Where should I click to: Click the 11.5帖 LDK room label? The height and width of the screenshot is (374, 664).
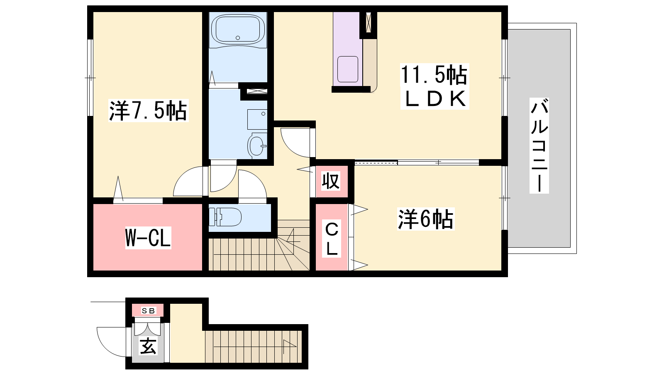coord(435,86)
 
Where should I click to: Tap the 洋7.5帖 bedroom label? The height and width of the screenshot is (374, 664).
coord(148,111)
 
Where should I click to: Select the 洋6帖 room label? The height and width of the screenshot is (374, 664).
coord(426,219)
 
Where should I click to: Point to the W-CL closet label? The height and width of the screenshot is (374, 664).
coord(148,237)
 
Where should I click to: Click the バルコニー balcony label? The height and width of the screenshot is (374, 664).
coord(539,146)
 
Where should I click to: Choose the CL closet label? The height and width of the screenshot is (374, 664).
coord(332,239)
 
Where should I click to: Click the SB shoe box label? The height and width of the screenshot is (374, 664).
coord(148,311)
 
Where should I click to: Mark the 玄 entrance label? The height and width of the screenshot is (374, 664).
coord(148,346)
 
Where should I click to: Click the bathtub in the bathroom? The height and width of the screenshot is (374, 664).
coord(238,30)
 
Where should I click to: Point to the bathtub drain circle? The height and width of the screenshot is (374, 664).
coord(238,38)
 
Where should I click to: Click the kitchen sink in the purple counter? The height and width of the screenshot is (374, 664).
coord(347,69)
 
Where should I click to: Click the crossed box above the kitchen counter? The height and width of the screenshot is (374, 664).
coord(369,22)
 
